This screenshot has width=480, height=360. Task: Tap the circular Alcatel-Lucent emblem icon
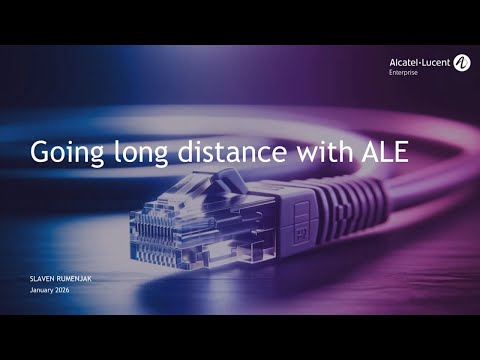461,63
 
